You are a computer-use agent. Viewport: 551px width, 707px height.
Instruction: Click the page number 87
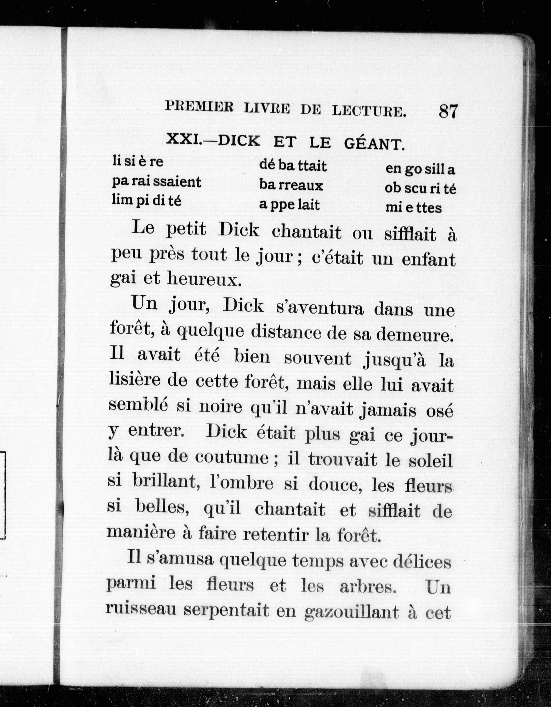click(x=448, y=111)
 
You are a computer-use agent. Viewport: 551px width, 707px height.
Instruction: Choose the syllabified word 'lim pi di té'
click(x=146, y=201)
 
